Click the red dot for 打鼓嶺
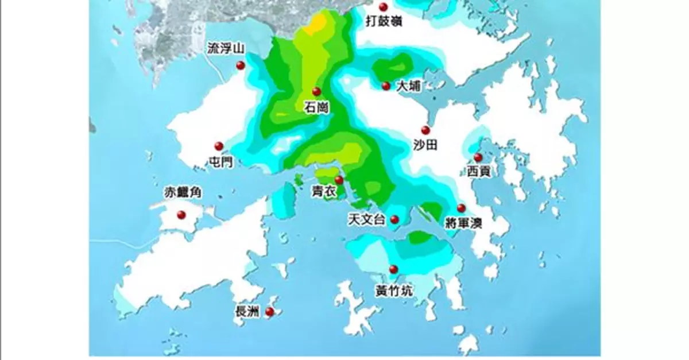click(383, 7)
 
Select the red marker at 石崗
click(316, 92)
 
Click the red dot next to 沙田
click(425, 130)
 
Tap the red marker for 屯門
click(218, 146)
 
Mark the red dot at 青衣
click(339, 180)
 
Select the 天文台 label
click(366, 220)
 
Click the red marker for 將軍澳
click(460, 208)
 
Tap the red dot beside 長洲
click(269, 312)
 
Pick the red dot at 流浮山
click(240, 67)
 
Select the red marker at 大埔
click(386, 86)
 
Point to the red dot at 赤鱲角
click(181, 215)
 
